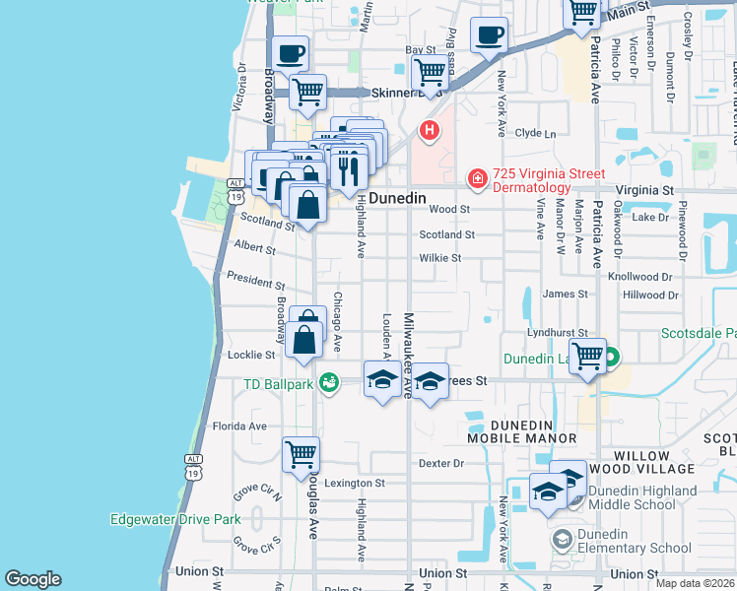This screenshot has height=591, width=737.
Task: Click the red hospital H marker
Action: [x=430, y=129]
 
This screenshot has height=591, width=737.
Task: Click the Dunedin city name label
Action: [x=399, y=198]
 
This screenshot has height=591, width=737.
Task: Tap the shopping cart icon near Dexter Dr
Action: [x=301, y=454]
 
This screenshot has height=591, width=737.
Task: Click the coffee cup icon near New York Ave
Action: [x=489, y=36]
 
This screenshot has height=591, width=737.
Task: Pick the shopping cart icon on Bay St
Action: [x=430, y=72]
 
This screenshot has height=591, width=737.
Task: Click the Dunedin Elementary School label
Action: [x=636, y=548]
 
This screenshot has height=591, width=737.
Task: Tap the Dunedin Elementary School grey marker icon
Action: [x=562, y=539]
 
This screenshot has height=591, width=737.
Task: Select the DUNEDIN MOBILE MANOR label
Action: [x=521, y=431]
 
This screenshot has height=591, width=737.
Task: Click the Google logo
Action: [x=33, y=579]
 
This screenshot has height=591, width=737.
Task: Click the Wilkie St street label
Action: [x=439, y=258]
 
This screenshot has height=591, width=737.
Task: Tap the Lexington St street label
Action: [x=355, y=484]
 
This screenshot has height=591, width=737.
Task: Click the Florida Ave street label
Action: [x=240, y=427]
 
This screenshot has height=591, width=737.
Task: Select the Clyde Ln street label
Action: [x=536, y=133]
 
